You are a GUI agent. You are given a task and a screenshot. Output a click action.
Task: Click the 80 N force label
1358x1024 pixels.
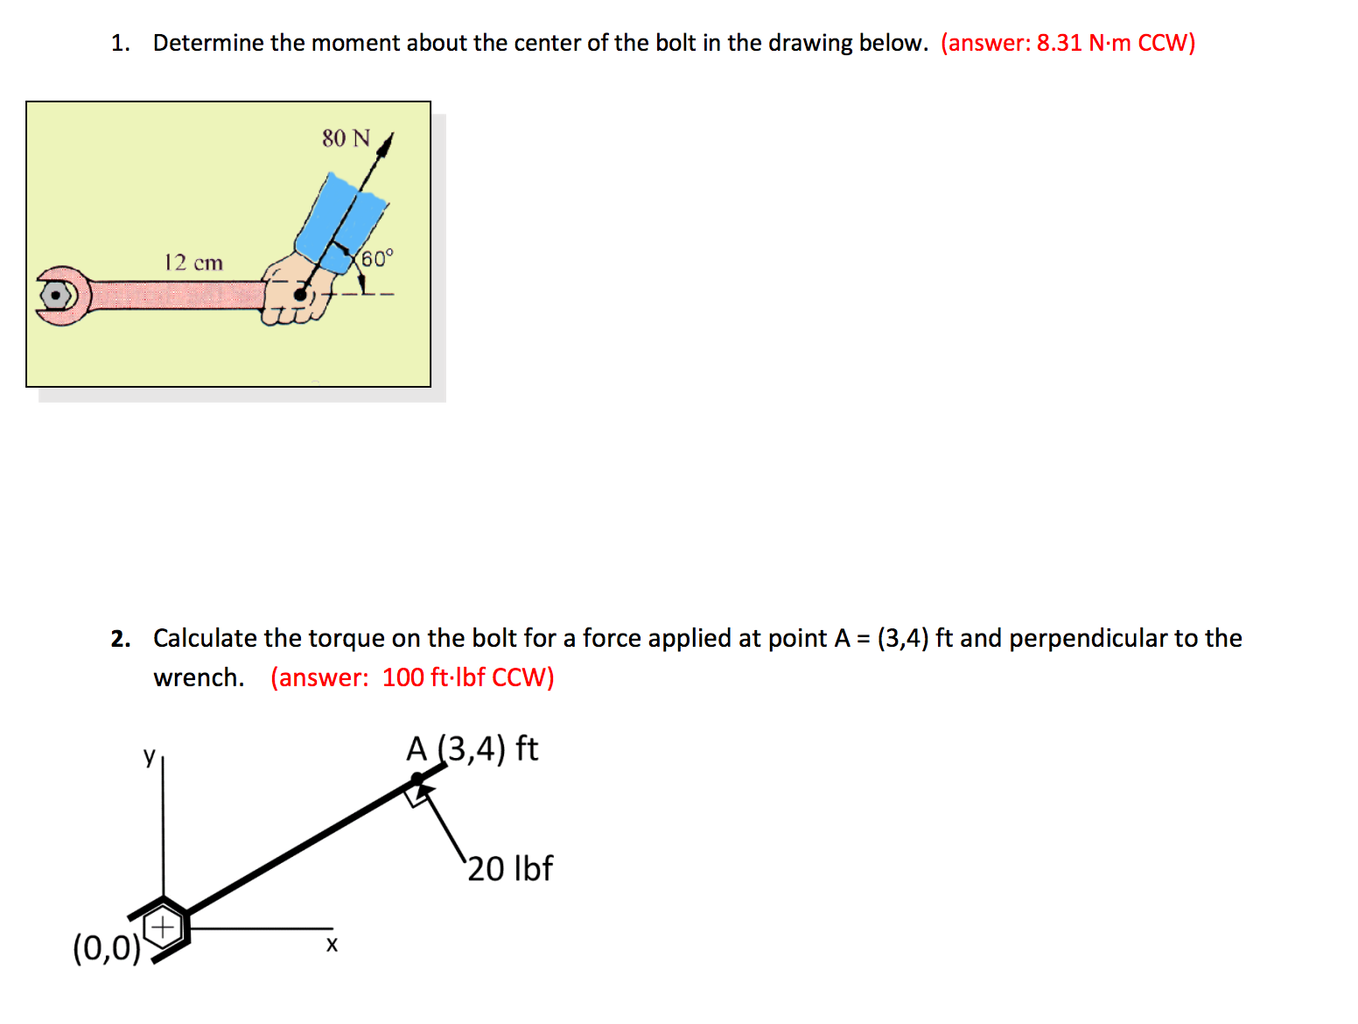pos(346,138)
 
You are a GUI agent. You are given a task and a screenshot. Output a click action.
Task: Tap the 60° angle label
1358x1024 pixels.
pos(377,258)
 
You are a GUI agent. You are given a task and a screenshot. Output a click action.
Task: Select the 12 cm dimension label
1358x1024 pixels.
pos(193,263)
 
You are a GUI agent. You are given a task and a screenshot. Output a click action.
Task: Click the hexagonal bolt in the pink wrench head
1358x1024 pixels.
pos(56,296)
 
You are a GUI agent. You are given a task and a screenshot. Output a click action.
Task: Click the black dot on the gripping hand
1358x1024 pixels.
pos(301,295)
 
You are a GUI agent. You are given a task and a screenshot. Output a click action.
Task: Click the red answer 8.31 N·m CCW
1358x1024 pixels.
pos(1067,43)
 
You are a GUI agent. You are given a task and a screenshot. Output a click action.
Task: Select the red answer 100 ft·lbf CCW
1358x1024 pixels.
pos(412,677)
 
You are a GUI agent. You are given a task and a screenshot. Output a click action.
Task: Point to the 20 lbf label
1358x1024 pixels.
pos(510,868)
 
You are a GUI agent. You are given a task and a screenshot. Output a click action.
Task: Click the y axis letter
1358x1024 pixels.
pos(150,755)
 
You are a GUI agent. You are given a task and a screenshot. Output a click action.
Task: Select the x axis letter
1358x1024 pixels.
pos(332,944)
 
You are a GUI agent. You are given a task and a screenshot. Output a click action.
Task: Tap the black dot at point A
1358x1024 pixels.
pos(417,778)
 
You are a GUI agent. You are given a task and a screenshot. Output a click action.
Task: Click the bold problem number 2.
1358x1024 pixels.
pos(120,639)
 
